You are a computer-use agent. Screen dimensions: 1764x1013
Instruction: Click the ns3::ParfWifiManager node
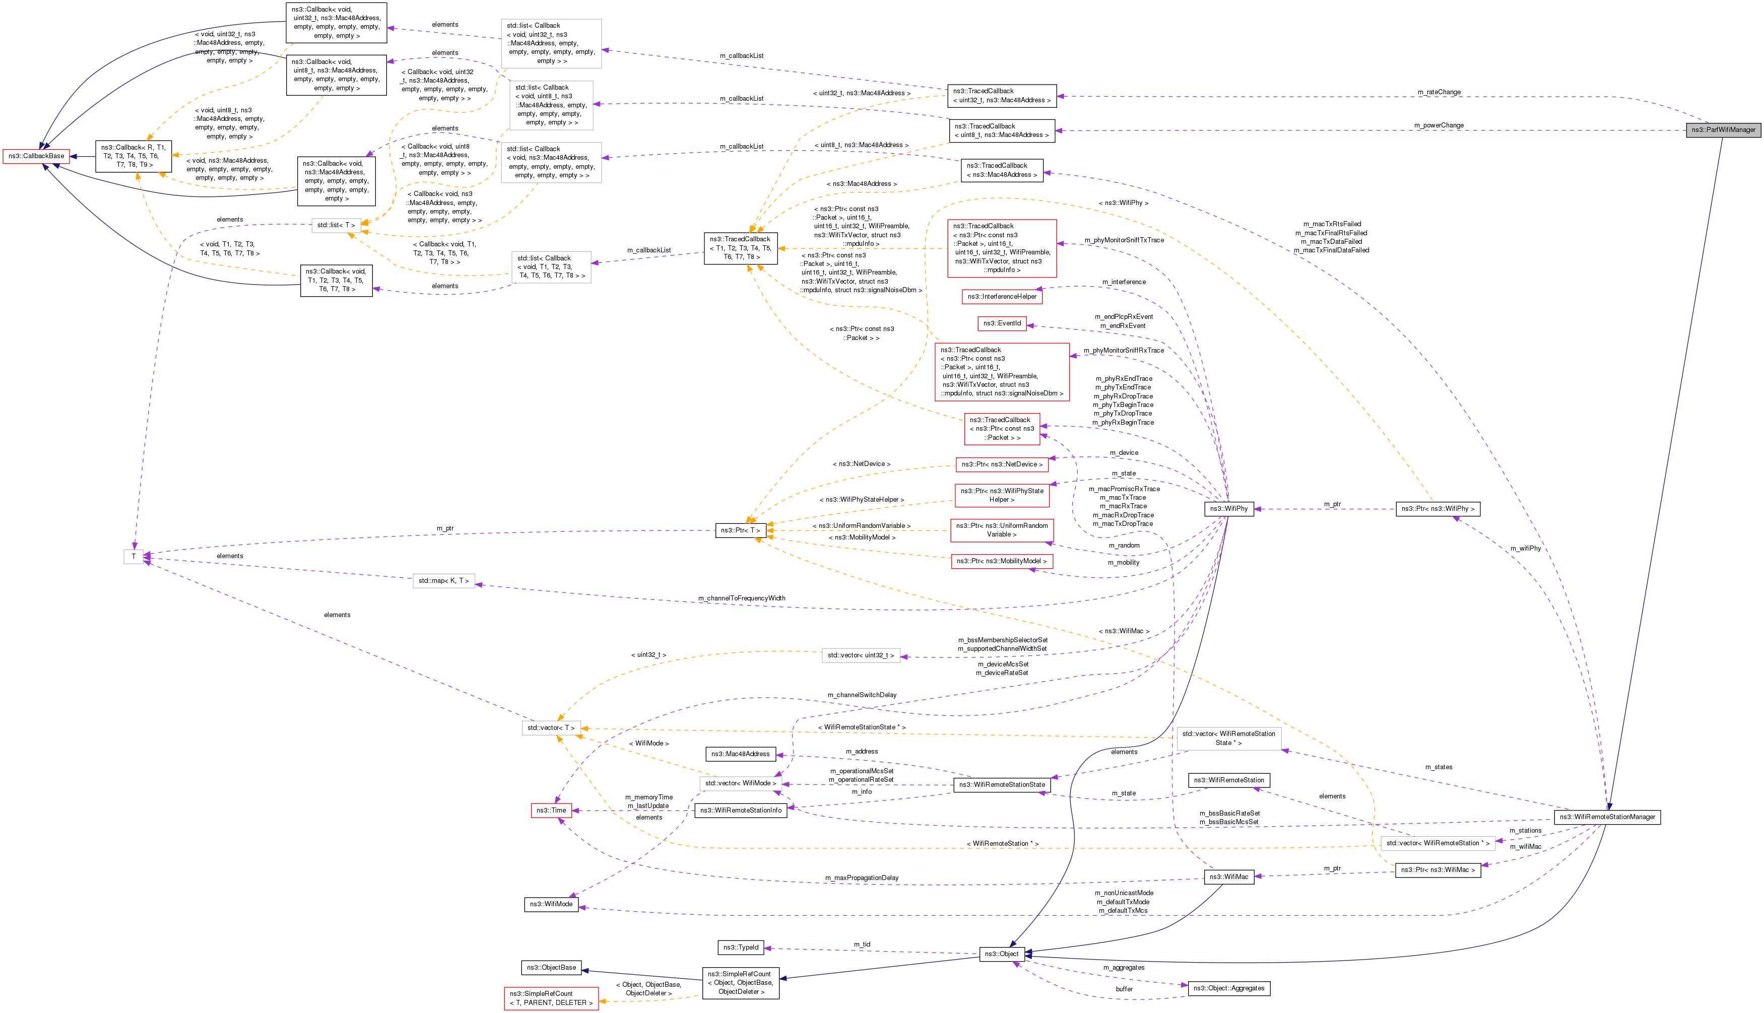coord(1723,130)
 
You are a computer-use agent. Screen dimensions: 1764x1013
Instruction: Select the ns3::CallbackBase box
coord(36,156)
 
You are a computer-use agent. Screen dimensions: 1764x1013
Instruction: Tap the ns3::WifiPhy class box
coord(1229,509)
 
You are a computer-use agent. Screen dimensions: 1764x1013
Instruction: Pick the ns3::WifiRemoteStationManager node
coord(1607,817)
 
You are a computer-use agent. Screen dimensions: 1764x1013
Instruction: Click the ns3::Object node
coord(1001,954)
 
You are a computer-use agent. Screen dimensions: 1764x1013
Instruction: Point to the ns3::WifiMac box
coord(1229,876)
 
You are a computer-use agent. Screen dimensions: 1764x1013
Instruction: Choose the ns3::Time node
coord(551,811)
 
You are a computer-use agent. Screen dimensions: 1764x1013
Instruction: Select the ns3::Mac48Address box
coord(741,754)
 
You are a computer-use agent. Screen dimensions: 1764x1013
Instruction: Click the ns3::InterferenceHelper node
coord(1002,296)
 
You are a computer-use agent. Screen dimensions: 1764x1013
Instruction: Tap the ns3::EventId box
coord(1002,323)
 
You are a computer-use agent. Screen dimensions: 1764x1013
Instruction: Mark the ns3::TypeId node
coord(740,947)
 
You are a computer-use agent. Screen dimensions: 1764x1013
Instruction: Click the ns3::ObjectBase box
coord(551,968)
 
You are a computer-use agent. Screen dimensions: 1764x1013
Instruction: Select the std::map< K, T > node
coord(444,581)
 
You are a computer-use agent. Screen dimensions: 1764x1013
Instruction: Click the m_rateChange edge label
coord(1439,92)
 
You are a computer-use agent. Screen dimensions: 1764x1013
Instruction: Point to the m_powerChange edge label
coord(1439,125)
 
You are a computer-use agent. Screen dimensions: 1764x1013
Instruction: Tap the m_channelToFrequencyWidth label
coord(742,598)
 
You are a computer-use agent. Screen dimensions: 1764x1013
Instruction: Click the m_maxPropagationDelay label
coord(862,878)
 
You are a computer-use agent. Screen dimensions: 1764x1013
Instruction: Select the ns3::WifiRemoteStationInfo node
coord(741,811)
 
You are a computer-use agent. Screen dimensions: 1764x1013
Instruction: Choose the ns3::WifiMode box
coord(551,905)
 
